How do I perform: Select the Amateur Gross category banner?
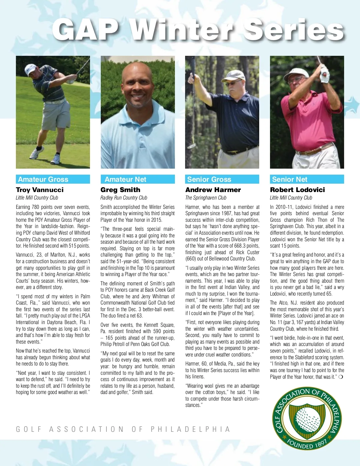(x=53, y=179)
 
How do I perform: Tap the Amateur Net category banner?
(x=137, y=179)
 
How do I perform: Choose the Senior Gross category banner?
(x=222, y=179)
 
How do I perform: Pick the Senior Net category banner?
(x=307, y=179)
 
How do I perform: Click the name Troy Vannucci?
(x=40, y=190)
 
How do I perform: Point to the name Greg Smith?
(x=120, y=190)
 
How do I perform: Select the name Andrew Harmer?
(x=213, y=190)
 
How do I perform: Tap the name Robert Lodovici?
(x=297, y=190)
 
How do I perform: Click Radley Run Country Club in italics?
(x=124, y=198)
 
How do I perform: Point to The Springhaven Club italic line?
(x=206, y=198)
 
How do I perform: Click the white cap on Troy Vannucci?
(x=30, y=69)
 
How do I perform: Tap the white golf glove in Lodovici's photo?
(x=324, y=75)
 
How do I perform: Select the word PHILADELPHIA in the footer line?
(x=190, y=429)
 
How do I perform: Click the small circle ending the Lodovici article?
(x=340, y=377)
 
